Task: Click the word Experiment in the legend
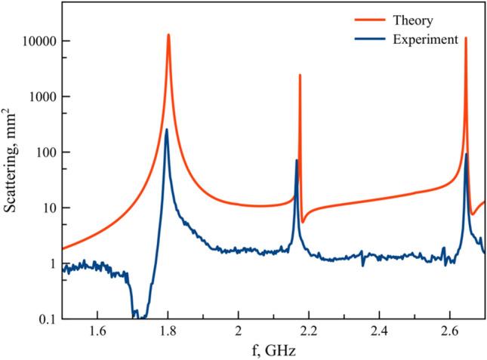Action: [x=425, y=39]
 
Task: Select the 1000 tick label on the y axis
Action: [x=39, y=97]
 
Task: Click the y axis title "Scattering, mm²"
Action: [x=11, y=160]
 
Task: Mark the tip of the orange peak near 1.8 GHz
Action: [x=168, y=35]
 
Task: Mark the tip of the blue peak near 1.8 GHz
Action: [x=167, y=130]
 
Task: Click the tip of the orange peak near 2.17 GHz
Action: [x=300, y=75]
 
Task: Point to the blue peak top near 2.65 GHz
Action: [x=466, y=154]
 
